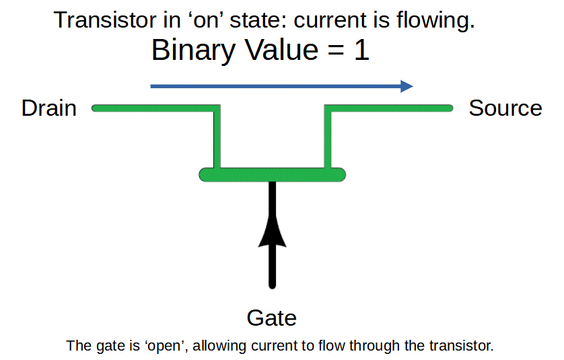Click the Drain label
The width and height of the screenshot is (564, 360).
click(49, 108)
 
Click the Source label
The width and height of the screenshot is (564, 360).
click(505, 108)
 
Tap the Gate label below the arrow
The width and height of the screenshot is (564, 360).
click(272, 318)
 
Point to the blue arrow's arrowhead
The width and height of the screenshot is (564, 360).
click(407, 86)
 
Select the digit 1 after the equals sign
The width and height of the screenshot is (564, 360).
click(361, 50)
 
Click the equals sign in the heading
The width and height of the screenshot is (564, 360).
click(336, 50)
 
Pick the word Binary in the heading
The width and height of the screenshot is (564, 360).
click(194, 50)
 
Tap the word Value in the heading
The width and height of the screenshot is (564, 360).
click(281, 50)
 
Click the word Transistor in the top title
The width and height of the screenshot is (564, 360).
click(105, 20)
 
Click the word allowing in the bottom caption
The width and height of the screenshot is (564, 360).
click(219, 346)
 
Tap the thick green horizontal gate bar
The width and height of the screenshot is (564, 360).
click(273, 175)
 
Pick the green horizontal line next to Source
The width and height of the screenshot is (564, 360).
click(388, 108)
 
